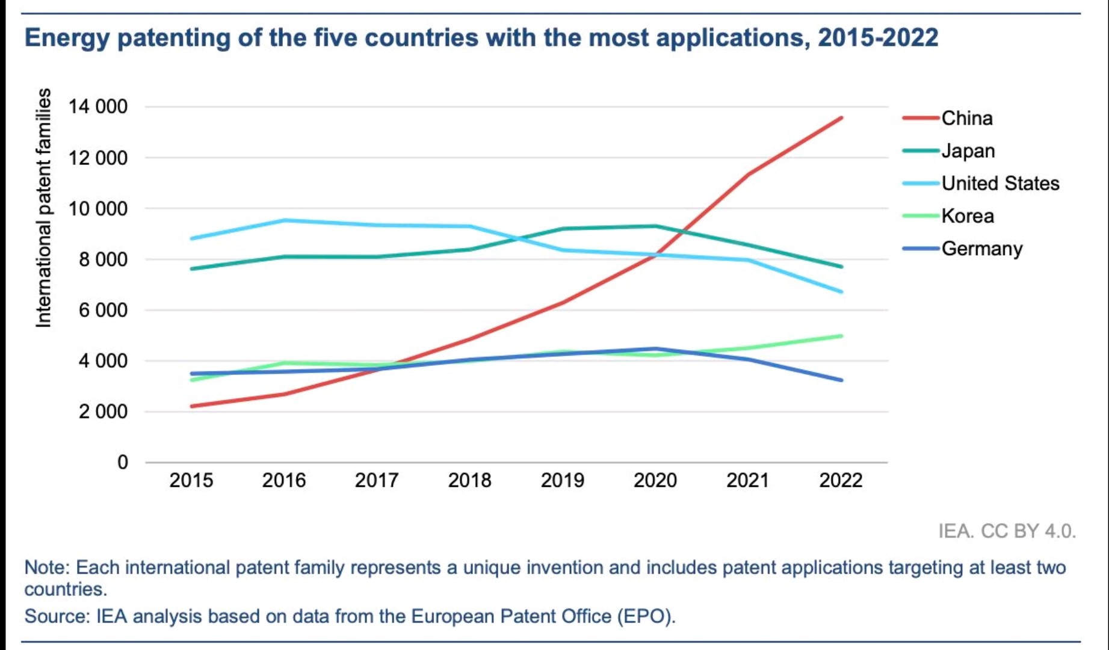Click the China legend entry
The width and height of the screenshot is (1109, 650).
[966, 118]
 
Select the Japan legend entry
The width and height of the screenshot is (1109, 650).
[968, 150]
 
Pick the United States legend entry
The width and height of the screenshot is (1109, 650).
[1000, 183]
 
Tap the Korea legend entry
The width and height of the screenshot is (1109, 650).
[968, 215]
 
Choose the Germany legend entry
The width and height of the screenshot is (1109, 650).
[981, 248]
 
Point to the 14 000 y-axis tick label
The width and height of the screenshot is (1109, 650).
[98, 107]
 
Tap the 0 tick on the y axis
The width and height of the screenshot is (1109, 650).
[123, 462]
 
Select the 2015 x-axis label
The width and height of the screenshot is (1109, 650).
[191, 480]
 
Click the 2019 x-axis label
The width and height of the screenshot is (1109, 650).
[562, 480]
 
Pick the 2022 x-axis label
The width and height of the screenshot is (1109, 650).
[841, 480]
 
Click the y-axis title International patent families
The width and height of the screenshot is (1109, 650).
[43, 208]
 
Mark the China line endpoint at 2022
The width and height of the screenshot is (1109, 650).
[841, 118]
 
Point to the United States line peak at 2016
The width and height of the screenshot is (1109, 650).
[285, 220]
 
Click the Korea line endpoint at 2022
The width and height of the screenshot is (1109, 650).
[841, 336]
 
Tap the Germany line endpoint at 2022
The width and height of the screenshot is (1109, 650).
[841, 380]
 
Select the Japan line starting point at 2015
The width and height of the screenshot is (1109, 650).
[192, 268]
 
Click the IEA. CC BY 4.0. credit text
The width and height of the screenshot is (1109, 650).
[1007, 531]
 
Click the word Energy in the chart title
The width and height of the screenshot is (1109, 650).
[67, 38]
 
